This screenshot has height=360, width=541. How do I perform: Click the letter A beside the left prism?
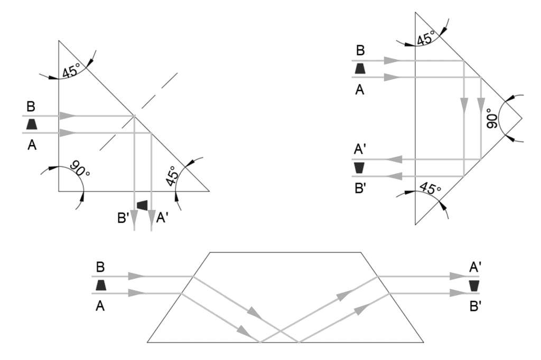(31, 145)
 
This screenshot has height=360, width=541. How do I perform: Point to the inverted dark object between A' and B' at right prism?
(360, 167)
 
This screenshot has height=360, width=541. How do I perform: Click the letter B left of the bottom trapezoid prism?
(101, 267)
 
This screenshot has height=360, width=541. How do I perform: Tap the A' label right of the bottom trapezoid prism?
(474, 268)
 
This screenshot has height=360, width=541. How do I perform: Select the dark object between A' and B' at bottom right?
(474, 286)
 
